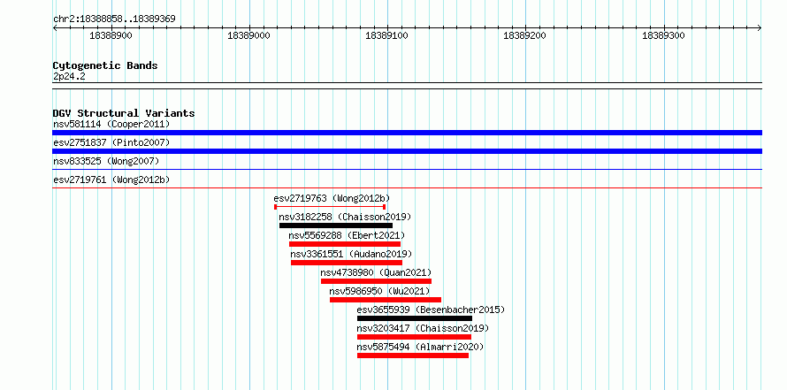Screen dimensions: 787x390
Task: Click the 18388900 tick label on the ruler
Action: (x=111, y=35)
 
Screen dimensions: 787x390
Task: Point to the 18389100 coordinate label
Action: (x=386, y=35)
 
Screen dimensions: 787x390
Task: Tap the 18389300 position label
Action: (x=663, y=35)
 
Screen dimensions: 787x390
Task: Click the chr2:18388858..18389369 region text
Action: (x=114, y=19)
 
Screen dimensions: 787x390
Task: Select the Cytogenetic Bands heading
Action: (x=105, y=65)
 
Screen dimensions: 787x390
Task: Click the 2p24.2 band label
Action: (x=69, y=77)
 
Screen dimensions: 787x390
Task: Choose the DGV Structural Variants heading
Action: (x=124, y=113)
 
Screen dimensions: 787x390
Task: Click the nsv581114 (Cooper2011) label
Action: (x=111, y=124)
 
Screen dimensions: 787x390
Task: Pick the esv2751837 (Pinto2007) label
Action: (x=111, y=142)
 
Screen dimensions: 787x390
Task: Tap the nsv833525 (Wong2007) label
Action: (x=106, y=161)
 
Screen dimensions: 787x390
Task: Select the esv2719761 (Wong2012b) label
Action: (x=111, y=180)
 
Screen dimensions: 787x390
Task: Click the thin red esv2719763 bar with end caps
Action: (x=330, y=207)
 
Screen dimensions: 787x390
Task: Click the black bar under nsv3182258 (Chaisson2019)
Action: (x=336, y=226)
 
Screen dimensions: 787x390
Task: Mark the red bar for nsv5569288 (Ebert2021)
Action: (x=345, y=244)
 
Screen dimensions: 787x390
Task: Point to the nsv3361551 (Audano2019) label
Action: (x=351, y=254)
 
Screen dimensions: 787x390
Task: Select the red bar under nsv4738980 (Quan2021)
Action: (x=376, y=281)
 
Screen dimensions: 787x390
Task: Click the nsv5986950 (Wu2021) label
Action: (x=380, y=291)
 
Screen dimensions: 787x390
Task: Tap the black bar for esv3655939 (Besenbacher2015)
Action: (x=415, y=318)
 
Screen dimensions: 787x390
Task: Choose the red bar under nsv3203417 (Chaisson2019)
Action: (x=414, y=337)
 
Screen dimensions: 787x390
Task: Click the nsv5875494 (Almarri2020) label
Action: (x=420, y=347)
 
